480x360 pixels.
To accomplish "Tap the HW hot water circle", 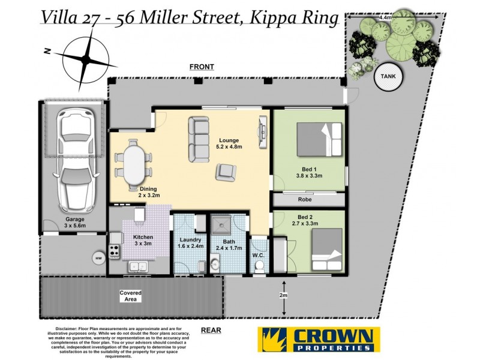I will (98, 258).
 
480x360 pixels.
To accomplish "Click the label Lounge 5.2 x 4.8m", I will (230, 144).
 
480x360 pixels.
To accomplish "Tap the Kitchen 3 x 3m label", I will (143, 241).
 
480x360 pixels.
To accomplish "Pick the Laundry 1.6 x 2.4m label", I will (191, 242).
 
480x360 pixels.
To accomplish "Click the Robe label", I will (305, 200).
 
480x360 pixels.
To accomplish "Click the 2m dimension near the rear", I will (283, 296).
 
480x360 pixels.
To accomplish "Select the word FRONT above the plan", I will (201, 67).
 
